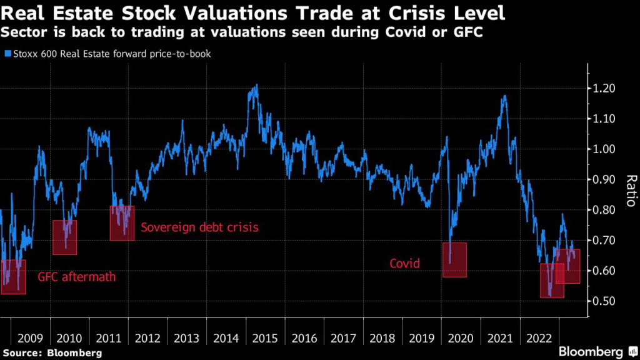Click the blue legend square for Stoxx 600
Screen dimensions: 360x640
pos(7,54)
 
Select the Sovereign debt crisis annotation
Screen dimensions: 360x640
pos(199,227)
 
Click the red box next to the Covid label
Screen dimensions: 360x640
pos(454,259)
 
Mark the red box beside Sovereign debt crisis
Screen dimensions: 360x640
pos(122,222)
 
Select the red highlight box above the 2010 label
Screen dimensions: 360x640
pos(64,237)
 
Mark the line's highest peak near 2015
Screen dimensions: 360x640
pos(256,85)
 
